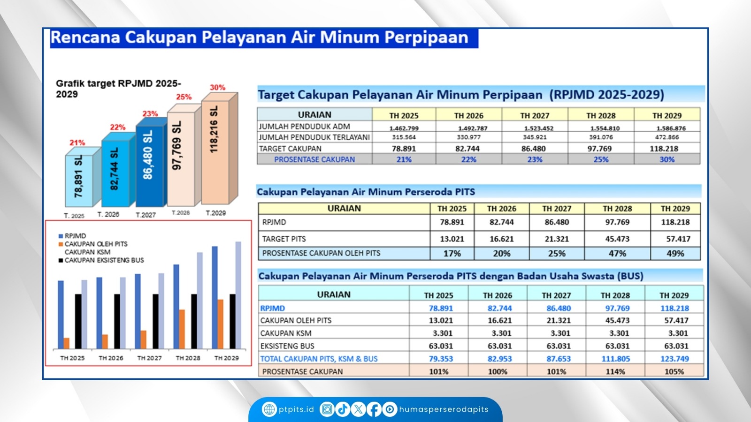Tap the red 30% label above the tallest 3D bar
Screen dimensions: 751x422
[x=218, y=87]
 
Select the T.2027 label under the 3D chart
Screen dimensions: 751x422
[x=146, y=215]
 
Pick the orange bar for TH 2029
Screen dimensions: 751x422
[x=220, y=324]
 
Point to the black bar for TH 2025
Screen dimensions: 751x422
[x=78, y=321]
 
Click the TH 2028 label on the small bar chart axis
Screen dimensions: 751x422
[x=188, y=358]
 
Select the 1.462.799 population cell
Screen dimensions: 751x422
[x=404, y=128]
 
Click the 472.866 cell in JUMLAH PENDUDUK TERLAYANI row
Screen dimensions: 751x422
[x=667, y=137]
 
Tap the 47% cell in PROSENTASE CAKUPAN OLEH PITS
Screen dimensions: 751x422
[x=617, y=254]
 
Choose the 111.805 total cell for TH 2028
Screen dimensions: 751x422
[x=615, y=359]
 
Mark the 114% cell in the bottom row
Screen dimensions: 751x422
[x=615, y=371]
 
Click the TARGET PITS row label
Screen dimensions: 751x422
[x=284, y=239]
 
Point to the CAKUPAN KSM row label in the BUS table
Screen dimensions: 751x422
[x=286, y=333]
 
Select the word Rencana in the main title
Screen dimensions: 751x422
[x=85, y=37]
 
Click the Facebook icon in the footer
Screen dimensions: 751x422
[x=374, y=409]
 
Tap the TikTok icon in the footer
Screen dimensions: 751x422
[x=343, y=409]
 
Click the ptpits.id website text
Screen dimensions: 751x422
[x=296, y=409]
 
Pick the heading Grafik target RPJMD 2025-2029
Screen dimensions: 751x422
[x=118, y=89]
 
